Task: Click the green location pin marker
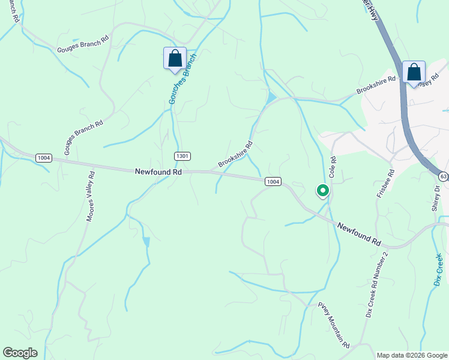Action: click(x=322, y=191)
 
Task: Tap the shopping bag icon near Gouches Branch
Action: click(x=175, y=59)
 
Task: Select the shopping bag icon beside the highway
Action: click(x=414, y=73)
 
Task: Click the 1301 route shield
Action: click(x=183, y=156)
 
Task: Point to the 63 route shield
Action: click(x=443, y=176)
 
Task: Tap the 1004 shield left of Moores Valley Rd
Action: click(x=43, y=158)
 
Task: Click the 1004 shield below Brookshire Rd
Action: click(x=273, y=181)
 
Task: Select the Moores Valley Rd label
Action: click(x=90, y=197)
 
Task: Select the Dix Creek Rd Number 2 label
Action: click(x=377, y=285)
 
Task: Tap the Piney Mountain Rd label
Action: click(x=334, y=326)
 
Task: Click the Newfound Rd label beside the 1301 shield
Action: click(x=158, y=172)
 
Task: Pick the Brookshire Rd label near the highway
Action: click(x=376, y=84)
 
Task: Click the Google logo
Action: click(x=20, y=353)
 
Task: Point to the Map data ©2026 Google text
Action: click(x=411, y=355)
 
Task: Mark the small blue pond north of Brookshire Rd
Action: click(x=272, y=97)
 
